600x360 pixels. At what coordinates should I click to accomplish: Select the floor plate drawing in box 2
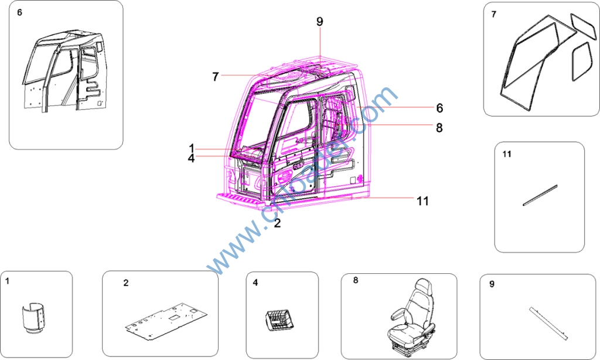point(166,321)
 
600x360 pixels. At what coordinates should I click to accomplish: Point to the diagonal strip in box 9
point(548,323)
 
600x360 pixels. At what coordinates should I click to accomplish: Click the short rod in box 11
point(540,195)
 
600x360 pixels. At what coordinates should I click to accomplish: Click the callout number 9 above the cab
point(319,22)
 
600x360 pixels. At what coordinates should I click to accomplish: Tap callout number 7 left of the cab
point(216,77)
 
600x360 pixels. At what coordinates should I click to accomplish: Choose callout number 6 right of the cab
point(439,108)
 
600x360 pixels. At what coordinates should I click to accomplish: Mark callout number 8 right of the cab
point(439,128)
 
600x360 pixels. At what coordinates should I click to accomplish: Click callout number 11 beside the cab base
point(422,201)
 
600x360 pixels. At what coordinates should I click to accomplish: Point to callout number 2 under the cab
point(277,223)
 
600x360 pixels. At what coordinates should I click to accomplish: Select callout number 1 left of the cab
point(192,148)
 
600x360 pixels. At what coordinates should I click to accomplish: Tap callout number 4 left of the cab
point(192,158)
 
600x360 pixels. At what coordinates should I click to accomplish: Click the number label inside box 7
point(493,15)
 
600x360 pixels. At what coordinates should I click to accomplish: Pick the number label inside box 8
point(356,280)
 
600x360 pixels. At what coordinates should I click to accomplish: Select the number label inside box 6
point(19,13)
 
